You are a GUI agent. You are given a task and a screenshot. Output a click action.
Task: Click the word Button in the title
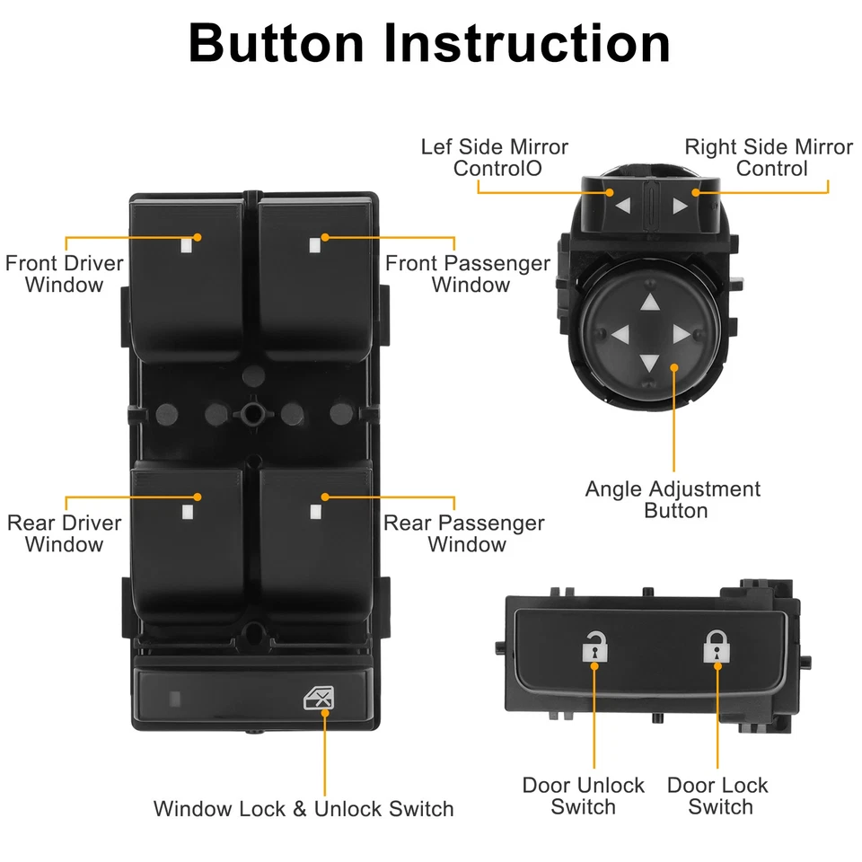[277, 42]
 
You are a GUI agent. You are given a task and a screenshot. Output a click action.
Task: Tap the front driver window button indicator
[187, 244]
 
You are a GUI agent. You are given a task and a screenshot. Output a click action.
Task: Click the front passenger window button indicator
[314, 244]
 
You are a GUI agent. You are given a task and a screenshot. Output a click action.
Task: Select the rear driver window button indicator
[187, 513]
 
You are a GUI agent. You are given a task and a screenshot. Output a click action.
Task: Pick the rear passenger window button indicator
[315, 513]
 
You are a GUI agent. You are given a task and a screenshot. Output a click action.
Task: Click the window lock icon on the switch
[316, 698]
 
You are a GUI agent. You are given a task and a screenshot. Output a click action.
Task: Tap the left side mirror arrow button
[622, 206]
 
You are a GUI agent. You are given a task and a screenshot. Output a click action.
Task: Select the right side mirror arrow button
[680, 206]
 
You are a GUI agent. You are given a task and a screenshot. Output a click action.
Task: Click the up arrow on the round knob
[650, 303]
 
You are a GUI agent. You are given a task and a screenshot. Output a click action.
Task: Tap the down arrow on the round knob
[650, 364]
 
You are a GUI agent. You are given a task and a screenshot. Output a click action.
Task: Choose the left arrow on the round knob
[619, 335]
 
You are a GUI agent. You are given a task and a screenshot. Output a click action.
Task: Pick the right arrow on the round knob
[681, 335]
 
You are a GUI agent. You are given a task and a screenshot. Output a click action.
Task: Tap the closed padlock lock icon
[716, 646]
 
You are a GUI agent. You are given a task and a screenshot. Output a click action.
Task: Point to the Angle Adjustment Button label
[673, 500]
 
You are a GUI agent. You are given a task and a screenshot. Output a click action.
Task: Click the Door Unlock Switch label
[584, 796]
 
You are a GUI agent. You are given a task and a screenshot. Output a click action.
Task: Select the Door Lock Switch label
[718, 796]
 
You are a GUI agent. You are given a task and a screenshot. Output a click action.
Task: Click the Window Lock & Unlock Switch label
[303, 808]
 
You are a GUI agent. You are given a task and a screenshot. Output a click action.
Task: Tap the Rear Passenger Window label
[464, 533]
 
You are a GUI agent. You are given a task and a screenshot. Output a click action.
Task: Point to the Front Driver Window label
[65, 274]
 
